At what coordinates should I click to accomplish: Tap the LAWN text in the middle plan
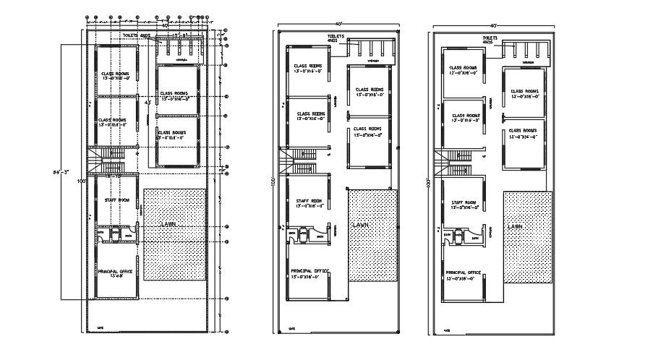point(360,226)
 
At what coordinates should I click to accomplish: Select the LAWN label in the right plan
point(515,226)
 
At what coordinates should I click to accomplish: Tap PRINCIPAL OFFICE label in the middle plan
point(310,273)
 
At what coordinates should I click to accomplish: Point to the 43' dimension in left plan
point(148,103)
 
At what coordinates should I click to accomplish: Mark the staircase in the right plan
point(456,164)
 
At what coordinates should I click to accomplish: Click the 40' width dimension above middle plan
point(336,24)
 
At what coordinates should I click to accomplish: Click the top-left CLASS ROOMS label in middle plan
point(307,67)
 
